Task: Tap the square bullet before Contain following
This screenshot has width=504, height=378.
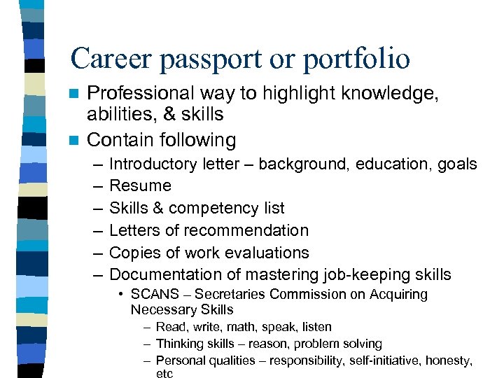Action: [x=75, y=140]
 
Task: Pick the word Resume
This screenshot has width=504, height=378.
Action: [x=140, y=185]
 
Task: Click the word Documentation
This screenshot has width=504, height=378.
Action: [x=165, y=275]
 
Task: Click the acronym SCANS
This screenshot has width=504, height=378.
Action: [x=154, y=295]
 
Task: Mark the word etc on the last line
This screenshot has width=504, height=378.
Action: [x=164, y=374]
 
